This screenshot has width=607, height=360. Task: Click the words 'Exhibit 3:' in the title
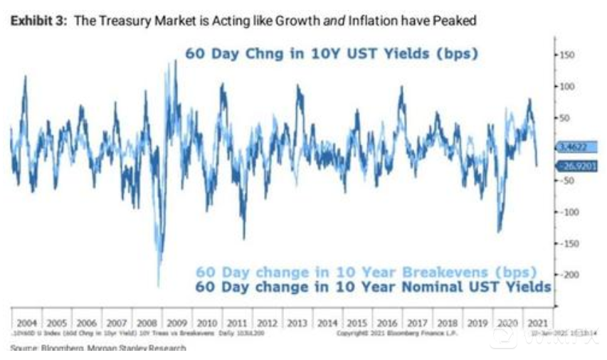[34, 21]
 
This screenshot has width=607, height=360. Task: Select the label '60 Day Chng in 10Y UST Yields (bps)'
[332, 54]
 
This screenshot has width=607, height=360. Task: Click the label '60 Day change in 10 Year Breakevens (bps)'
[366, 272]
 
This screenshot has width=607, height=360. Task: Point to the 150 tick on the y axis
[566, 55]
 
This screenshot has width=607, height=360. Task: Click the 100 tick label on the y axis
[566, 86]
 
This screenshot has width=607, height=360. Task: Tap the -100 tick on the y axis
[566, 211]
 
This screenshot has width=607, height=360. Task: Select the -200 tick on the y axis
[566, 274]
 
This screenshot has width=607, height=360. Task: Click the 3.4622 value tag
[572, 149]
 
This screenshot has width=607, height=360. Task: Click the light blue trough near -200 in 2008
[158, 283]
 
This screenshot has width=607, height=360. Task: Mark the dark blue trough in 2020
[500, 231]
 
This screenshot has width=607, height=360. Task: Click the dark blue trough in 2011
[244, 238]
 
